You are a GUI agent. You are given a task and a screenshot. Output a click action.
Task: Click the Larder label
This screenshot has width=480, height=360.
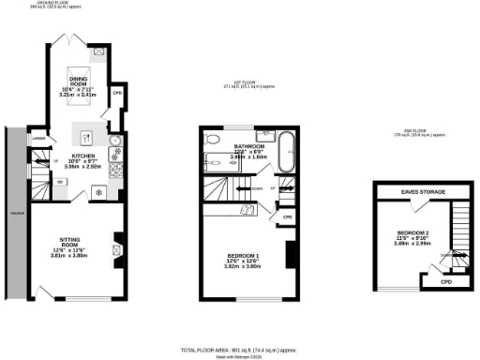coord(38,140)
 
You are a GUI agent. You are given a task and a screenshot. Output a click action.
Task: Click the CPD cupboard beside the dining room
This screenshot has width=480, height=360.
coord(117,93)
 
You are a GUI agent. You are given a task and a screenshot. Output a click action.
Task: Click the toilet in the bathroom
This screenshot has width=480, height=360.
coord(213,140)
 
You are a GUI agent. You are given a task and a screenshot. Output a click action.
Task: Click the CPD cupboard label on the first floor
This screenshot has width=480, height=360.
coord(288,217)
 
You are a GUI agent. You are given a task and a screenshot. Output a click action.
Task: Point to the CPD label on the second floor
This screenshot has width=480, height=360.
coord(447,280)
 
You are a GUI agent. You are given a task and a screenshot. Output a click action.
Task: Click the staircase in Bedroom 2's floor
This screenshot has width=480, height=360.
coord(459,234)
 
